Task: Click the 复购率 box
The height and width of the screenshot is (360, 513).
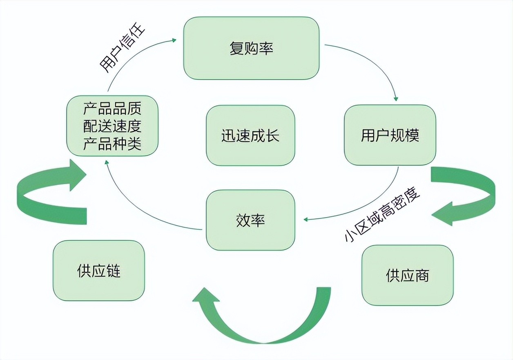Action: click(251, 48)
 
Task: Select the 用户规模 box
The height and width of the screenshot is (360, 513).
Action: click(390, 135)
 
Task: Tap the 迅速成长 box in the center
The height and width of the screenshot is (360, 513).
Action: click(250, 136)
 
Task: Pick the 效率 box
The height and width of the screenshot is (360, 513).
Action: click(250, 220)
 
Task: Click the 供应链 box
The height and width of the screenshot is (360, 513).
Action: click(98, 271)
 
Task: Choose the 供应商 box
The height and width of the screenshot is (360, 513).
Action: click(407, 275)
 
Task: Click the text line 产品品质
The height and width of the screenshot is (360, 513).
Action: click(112, 109)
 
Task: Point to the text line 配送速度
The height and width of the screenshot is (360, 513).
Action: click(112, 126)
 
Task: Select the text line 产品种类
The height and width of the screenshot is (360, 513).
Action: click(112, 144)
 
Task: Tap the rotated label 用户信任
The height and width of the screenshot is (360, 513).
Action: click(122, 50)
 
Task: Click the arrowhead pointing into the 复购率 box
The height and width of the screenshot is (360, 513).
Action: click(174, 40)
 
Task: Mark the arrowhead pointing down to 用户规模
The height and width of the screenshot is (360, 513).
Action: click(395, 99)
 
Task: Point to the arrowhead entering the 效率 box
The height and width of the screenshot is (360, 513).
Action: click(306, 220)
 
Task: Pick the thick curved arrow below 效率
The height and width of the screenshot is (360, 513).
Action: click(261, 322)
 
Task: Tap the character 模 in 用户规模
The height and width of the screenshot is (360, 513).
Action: click(412, 135)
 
